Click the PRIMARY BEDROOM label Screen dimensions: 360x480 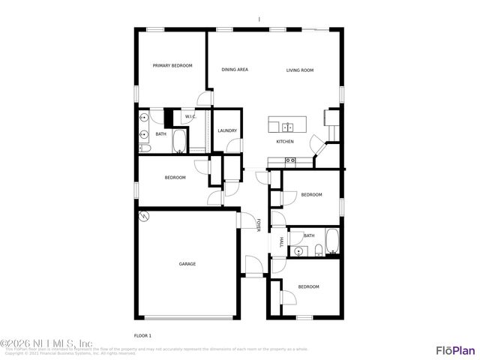click(x=172, y=66)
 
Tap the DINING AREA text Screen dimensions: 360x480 click(x=235, y=70)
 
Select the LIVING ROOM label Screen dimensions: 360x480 click(x=300, y=70)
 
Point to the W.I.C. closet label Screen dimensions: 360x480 click(x=190, y=116)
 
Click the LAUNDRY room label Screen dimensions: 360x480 click(x=227, y=130)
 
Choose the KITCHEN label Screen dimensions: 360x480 click(x=285, y=142)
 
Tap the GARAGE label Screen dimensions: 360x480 click(x=187, y=264)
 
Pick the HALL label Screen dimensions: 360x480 click(x=281, y=242)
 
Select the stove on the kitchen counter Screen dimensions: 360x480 click(x=290, y=160)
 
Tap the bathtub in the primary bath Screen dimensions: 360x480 click(x=180, y=140)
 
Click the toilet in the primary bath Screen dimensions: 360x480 click(x=145, y=148)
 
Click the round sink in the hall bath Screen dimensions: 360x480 click(x=298, y=251)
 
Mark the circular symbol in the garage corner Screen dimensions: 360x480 click(x=144, y=217)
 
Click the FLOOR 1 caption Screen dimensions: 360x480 click(x=142, y=335)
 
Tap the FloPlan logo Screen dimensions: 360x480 click(x=455, y=349)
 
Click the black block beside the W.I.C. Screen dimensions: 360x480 click(x=169, y=117)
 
